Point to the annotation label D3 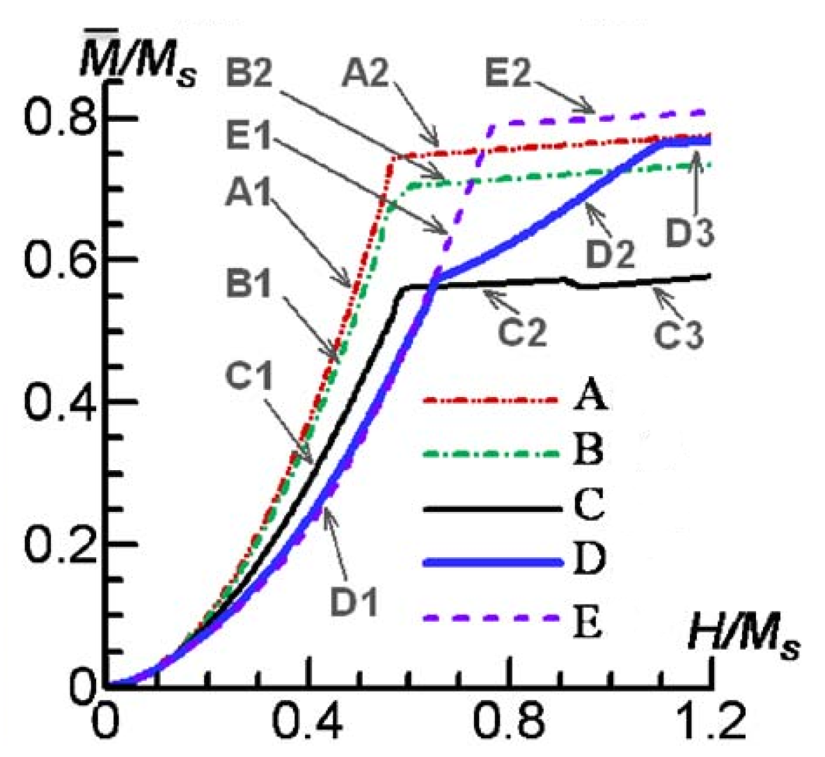pyautogui.click(x=689, y=234)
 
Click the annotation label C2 pyautogui.click(x=522, y=331)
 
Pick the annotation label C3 pyautogui.click(x=679, y=334)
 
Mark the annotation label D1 pyautogui.click(x=354, y=600)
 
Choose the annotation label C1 pyautogui.click(x=249, y=375)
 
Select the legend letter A pyautogui.click(x=590, y=400)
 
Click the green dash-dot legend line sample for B pyautogui.click(x=492, y=453)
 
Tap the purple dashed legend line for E pyautogui.click(x=492, y=617)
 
